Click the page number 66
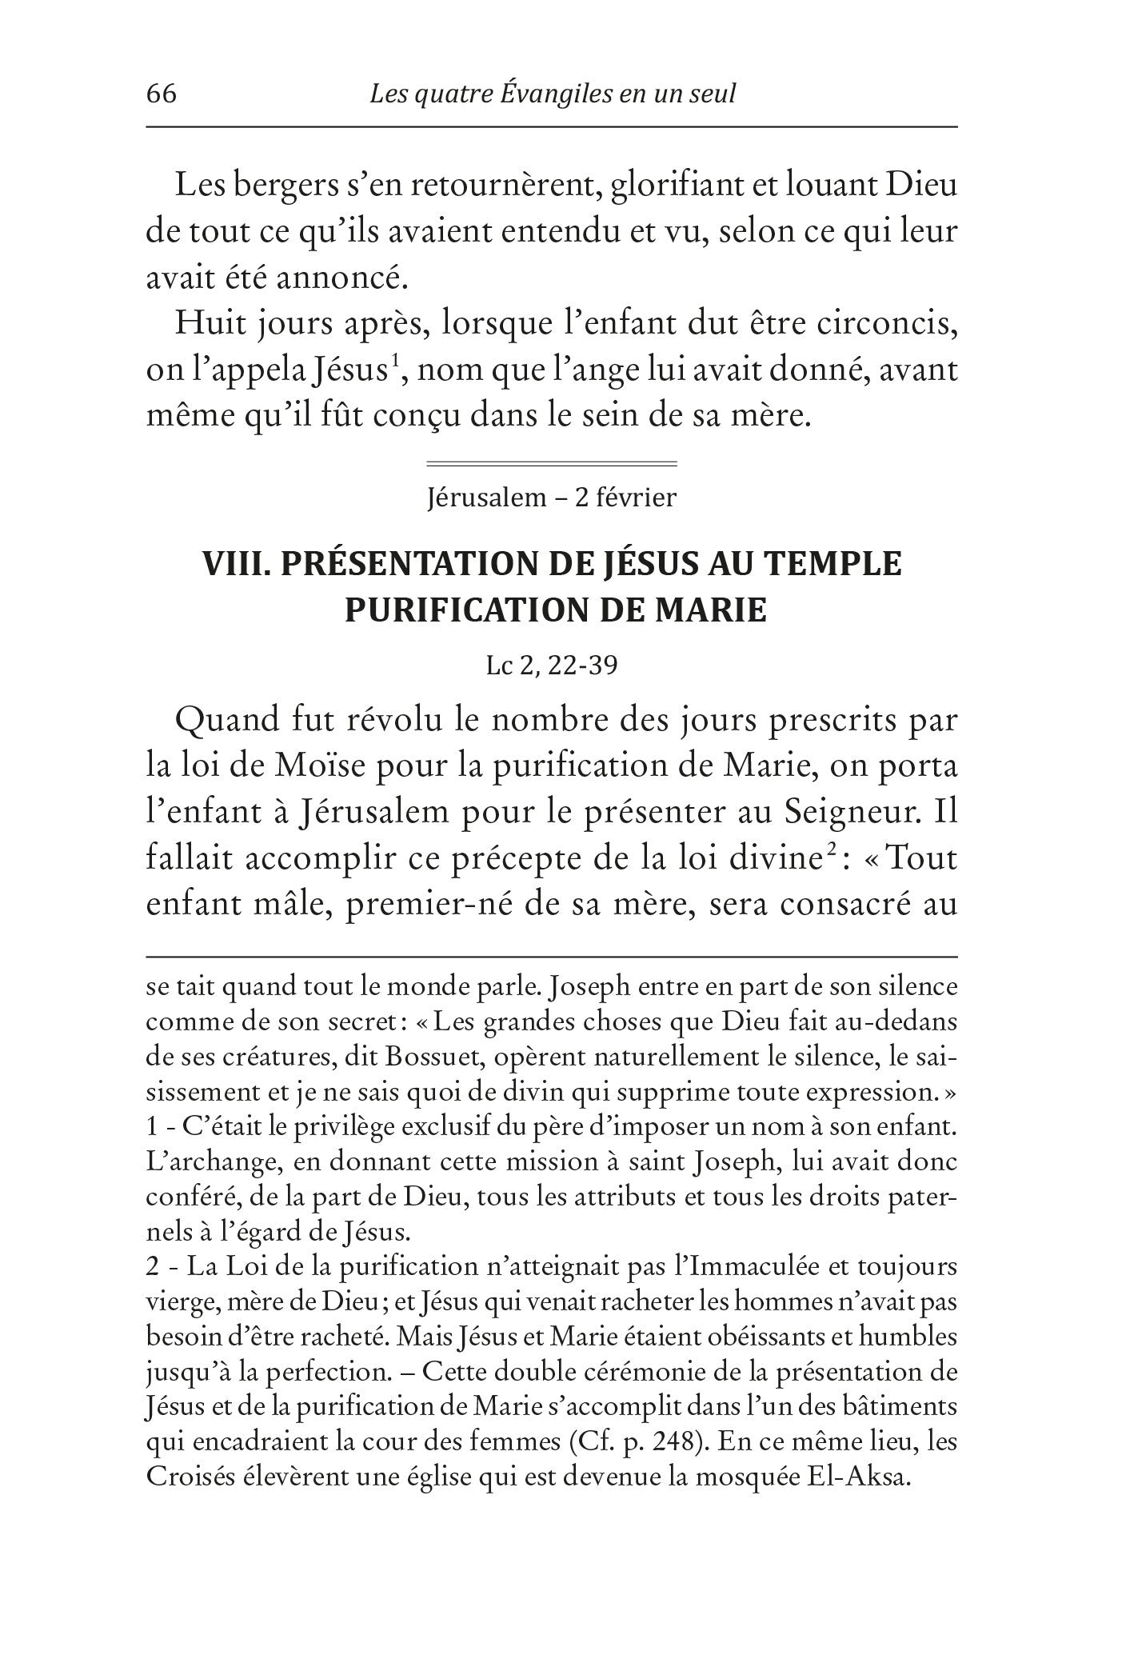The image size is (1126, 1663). [x=162, y=94]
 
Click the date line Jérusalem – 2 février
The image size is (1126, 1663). [x=552, y=498]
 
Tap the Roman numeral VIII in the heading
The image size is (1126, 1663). [x=232, y=564]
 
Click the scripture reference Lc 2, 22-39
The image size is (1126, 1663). [x=552, y=666]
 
